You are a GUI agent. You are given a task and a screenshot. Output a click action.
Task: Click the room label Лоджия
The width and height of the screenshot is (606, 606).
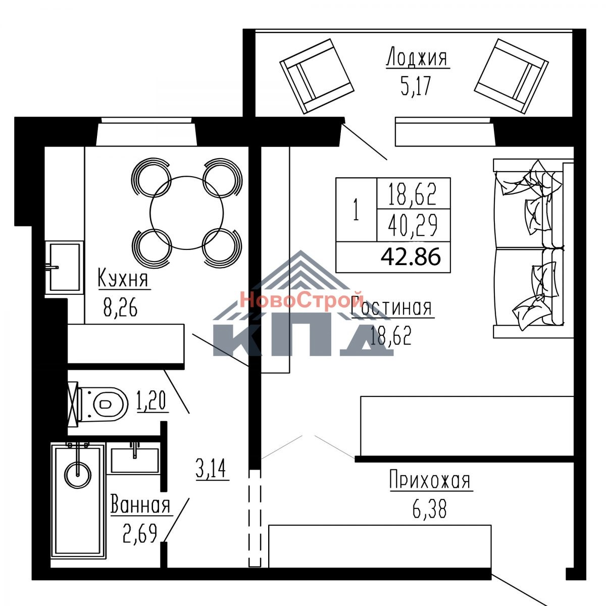(417, 57)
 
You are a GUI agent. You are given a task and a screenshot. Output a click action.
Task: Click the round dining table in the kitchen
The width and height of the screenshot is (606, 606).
(186, 213)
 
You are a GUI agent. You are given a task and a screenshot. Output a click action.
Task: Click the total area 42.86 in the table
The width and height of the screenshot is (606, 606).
(411, 257)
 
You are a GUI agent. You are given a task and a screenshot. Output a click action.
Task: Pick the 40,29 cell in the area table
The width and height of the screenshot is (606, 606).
(413, 225)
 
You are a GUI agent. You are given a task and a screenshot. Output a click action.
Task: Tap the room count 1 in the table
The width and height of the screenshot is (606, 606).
(356, 210)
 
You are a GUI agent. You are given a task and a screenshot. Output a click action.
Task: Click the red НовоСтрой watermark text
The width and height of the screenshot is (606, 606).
(302, 299)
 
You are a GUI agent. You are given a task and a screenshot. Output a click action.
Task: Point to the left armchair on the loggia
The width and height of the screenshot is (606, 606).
(317, 76)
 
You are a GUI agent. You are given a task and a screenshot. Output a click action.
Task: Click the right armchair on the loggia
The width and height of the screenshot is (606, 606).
(512, 76)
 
